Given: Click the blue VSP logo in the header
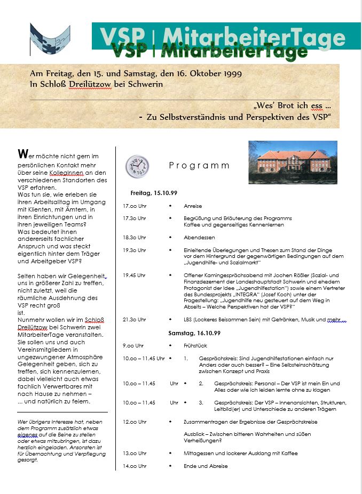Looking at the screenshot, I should tap(50, 38).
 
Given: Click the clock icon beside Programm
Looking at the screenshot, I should tap(137, 166).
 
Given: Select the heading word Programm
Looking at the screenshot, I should tap(199, 166).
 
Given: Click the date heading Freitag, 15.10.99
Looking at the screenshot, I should tap(154, 192).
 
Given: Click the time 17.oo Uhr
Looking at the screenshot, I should tap(135, 206).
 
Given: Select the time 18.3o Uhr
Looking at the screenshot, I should tap(135, 237).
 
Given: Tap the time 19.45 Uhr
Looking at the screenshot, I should tap(134, 275).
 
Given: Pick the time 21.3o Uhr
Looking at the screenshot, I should tap(135, 320).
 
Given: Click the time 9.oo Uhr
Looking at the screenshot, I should tap(133, 345).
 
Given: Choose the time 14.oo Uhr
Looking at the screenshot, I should tap(135, 466).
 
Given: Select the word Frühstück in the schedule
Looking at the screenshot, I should tap(195, 345).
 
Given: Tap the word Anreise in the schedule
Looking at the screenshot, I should tap(193, 206).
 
